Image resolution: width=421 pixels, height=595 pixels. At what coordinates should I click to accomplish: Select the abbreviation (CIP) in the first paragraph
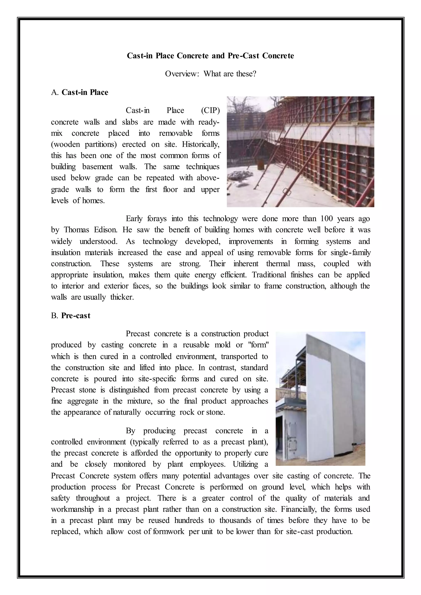coord(210,111)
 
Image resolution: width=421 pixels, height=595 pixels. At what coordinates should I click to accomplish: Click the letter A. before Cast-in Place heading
coord(55,92)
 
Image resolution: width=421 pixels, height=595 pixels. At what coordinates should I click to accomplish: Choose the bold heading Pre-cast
coord(76,316)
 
